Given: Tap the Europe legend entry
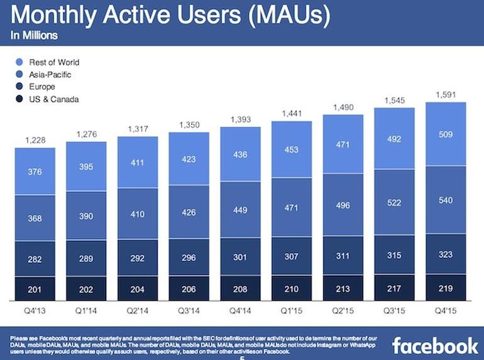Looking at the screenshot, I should pos(42,87).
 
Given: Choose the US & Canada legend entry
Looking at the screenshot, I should pos(54,99).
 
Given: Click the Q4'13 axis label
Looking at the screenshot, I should pos(35,310).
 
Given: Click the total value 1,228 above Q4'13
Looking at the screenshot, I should pos(35,140).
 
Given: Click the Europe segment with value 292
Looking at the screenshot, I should pos(138,257).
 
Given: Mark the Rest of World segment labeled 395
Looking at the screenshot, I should pos(86,165).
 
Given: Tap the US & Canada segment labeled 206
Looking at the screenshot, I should pos(189,288).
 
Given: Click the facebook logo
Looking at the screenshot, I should pos(434,345).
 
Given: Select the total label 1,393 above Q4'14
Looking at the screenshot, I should pos(240,119).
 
